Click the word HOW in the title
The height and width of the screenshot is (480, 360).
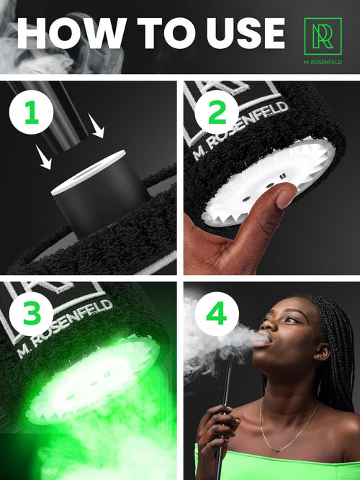(72, 33)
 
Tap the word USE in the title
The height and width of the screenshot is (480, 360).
(246, 33)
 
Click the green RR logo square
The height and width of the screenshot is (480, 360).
(323, 36)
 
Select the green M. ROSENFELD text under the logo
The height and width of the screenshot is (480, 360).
(323, 62)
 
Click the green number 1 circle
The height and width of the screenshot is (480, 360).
(31, 112)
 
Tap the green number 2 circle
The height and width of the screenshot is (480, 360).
(217, 112)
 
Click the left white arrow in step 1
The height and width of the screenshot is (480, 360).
(43, 157)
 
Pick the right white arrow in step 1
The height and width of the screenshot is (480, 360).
(96, 125)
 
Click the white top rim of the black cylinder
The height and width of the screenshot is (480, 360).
(89, 172)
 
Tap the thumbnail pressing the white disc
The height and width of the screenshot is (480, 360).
(286, 199)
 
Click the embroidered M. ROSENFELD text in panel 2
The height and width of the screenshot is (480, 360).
(240, 131)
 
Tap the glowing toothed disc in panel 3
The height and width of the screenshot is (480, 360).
(92, 379)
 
